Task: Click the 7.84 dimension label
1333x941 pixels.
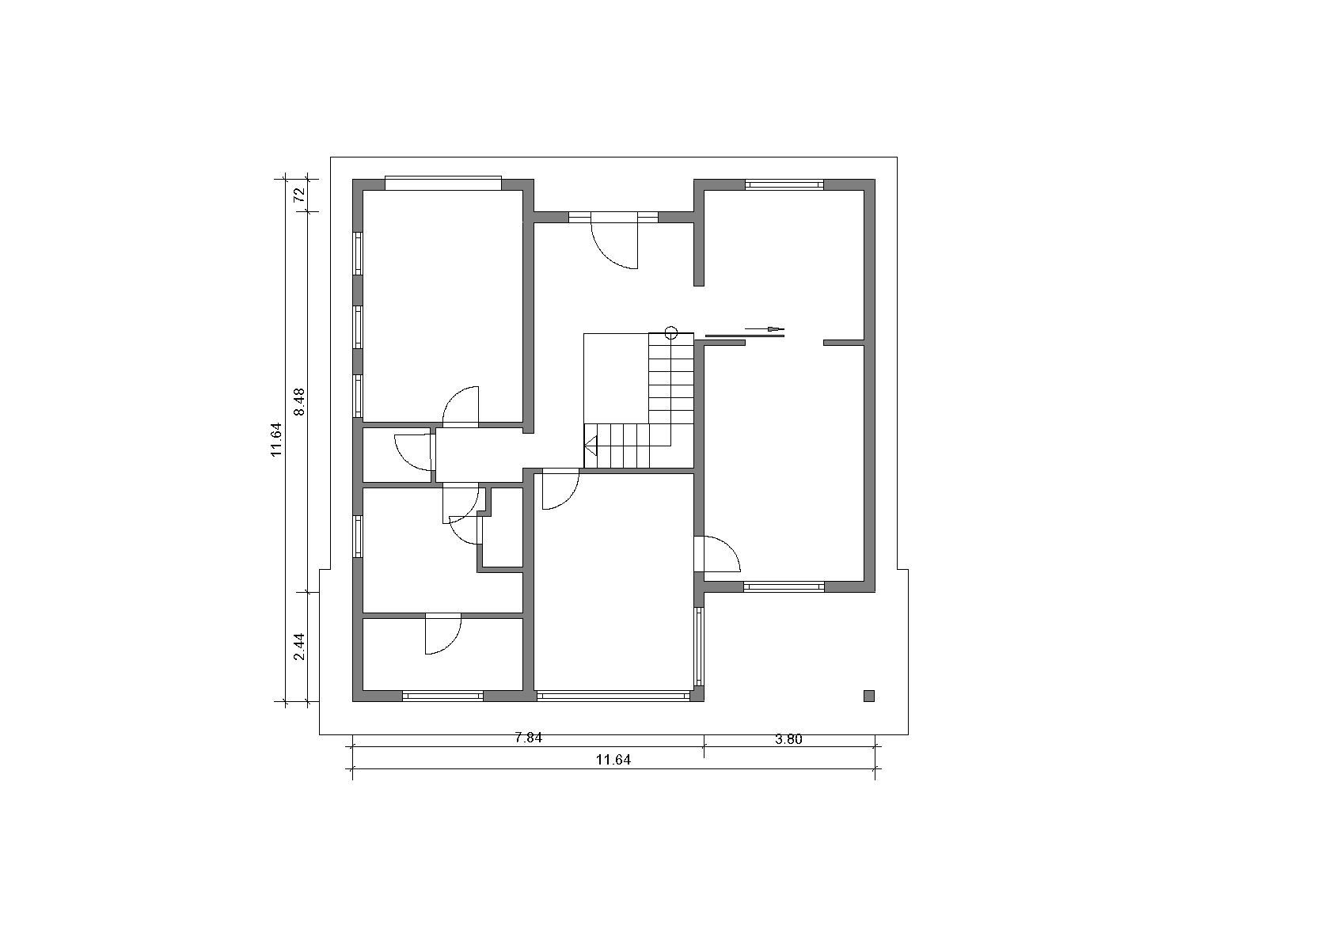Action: coord(529,738)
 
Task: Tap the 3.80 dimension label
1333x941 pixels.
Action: coord(788,739)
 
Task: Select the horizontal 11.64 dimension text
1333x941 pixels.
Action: coord(613,760)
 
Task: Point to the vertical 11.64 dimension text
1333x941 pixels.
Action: coord(276,439)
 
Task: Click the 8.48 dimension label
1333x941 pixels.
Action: coord(299,401)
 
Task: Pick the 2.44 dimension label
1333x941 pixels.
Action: coord(299,646)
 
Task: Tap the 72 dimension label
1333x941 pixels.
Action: coord(299,195)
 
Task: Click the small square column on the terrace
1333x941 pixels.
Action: coord(869,696)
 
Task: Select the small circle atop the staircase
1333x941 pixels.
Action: coord(670,332)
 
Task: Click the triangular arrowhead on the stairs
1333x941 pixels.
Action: coord(591,444)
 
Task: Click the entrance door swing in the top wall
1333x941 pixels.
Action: coord(615,245)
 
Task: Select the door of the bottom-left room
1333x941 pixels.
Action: coord(442,635)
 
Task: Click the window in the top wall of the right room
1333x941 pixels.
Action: coord(784,184)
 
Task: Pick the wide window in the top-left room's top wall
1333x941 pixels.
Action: coord(443,183)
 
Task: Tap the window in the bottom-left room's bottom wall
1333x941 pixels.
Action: coord(442,696)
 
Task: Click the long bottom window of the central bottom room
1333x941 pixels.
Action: coord(613,695)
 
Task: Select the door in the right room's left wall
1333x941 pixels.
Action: coord(718,554)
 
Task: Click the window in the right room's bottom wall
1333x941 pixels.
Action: coord(784,586)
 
